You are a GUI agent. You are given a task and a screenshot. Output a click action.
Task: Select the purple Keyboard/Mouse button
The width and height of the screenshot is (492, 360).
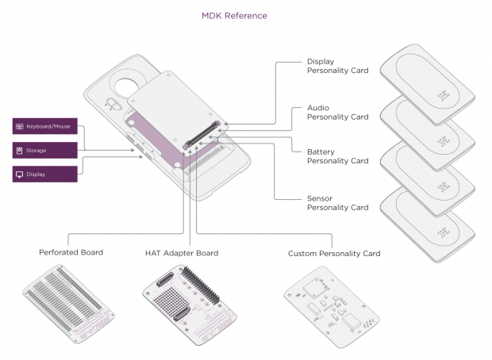tap(44, 126)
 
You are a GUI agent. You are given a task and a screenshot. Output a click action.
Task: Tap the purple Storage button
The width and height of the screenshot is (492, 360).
tap(44, 150)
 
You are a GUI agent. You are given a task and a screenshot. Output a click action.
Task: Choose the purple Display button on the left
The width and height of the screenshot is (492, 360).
tap(44, 174)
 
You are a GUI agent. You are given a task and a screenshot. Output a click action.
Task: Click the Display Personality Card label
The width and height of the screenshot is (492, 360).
tap(336, 66)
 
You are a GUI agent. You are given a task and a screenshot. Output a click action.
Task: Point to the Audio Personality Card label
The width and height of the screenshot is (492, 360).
tap(336, 112)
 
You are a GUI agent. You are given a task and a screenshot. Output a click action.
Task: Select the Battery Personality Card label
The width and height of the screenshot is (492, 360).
tap(336, 156)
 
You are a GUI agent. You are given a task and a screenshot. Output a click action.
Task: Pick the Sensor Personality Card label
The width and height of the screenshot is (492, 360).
tap(336, 202)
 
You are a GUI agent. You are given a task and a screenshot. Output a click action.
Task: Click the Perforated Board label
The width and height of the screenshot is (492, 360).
tap(71, 253)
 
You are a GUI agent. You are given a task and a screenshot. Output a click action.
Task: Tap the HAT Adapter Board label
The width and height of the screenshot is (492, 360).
tap(182, 253)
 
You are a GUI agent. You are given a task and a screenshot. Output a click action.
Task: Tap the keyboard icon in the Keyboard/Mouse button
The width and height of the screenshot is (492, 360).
tap(19, 126)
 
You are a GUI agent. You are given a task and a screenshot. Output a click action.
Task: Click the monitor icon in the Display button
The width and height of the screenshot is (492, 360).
tap(19, 174)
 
